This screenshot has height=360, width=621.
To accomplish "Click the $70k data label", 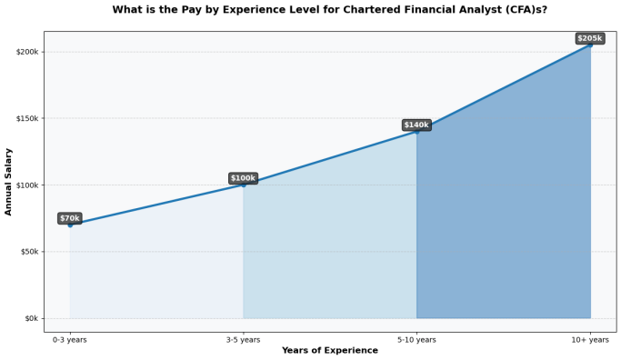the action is click(x=70, y=218).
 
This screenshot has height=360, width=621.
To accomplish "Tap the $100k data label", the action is click(x=243, y=178).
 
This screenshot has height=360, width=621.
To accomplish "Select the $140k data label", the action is click(x=416, y=125).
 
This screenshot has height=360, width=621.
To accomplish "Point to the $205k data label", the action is click(x=590, y=38).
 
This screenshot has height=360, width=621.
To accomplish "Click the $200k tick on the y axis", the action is click(x=27, y=52).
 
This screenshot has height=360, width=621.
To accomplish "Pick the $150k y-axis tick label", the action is click(x=27, y=118).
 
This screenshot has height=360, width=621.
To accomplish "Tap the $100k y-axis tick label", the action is click(x=27, y=185).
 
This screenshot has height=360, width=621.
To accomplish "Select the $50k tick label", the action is click(x=29, y=252).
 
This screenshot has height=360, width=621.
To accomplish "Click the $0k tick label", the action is click(x=31, y=318).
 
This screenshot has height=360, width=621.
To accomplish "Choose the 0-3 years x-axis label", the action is click(x=70, y=340).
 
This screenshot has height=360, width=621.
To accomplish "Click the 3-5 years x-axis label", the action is click(x=243, y=340).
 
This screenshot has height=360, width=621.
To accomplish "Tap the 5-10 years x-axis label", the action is click(x=416, y=340).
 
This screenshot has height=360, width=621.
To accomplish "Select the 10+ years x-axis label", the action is click(x=590, y=340).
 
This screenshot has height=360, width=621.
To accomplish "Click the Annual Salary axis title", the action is click(x=8, y=182).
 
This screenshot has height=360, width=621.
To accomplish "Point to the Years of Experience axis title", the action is click(x=330, y=351).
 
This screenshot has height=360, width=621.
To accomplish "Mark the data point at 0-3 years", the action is click(x=70, y=225).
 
